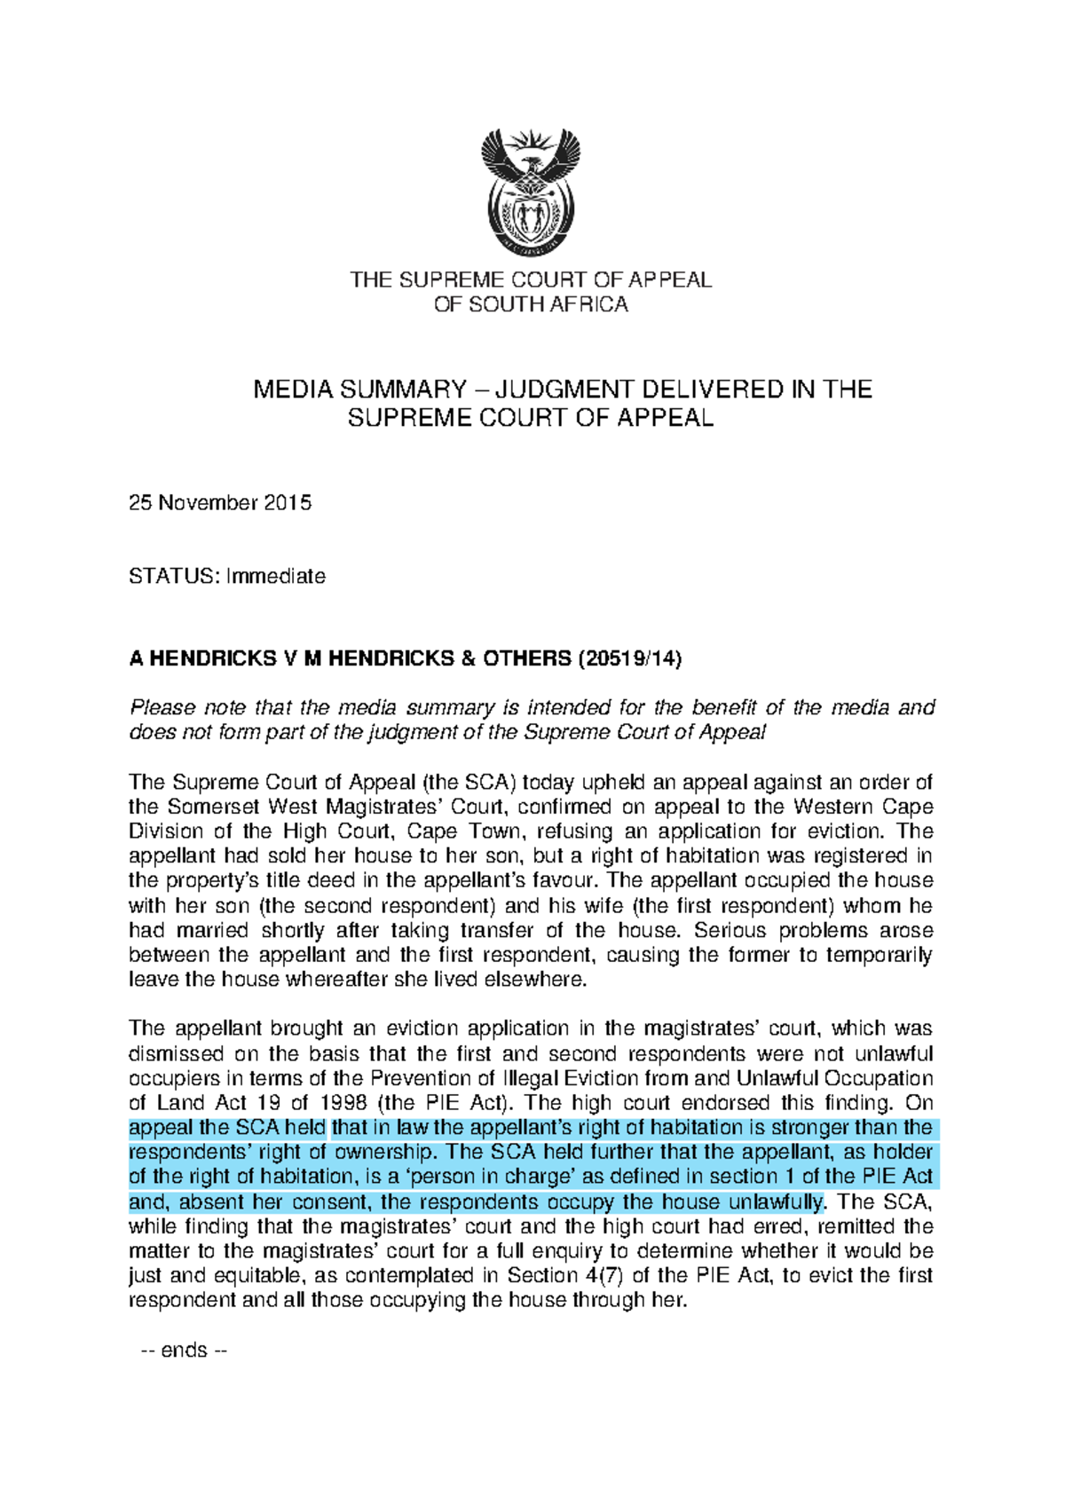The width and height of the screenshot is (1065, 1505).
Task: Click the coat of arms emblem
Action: point(531,193)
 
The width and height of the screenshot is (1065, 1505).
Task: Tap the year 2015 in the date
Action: point(288,503)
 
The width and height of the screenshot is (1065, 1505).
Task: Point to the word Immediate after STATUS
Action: point(276,576)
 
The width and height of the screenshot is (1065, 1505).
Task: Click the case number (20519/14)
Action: point(630,658)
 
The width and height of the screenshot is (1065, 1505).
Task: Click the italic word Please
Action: point(162,708)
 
